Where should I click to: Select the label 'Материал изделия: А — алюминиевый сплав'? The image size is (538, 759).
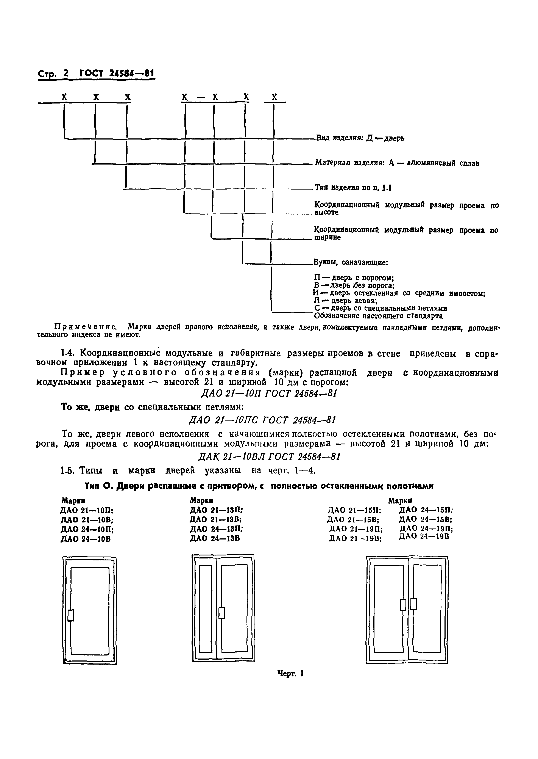(397, 163)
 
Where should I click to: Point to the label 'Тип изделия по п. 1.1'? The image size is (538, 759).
(353, 188)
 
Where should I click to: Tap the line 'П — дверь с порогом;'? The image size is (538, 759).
(354, 278)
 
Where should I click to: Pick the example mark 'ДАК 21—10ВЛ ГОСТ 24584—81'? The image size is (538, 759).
(269, 457)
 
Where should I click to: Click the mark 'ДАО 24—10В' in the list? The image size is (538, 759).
(86, 539)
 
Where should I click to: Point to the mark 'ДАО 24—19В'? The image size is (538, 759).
(424, 536)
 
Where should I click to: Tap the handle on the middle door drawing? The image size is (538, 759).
(222, 613)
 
